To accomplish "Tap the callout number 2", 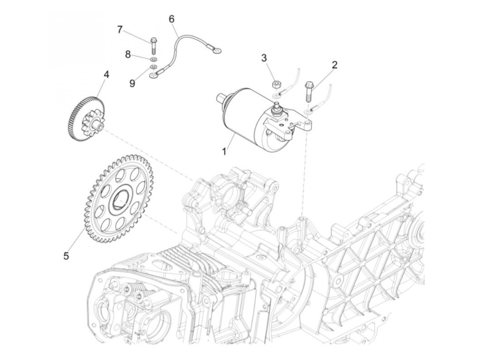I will tap(334, 65).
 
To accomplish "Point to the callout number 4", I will tap(106, 74).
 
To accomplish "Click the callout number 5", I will tap(66, 255).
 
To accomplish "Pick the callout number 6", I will tap(171, 19).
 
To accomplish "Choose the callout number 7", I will tap(119, 30).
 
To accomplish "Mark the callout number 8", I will tap(128, 54).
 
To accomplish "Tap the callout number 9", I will tap(132, 83).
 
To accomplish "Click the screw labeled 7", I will tap(153, 45).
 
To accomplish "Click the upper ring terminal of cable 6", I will tap(217, 51).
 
